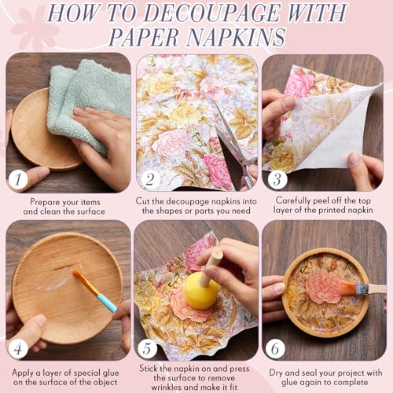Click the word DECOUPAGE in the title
click(x=211, y=13)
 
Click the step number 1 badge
click(x=18, y=179)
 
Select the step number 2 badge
click(x=149, y=179)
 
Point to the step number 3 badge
click(x=277, y=179)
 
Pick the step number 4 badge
click(x=18, y=348)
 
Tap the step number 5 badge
click(x=147, y=348)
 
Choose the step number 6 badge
click(x=275, y=348)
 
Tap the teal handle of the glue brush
click(x=107, y=303)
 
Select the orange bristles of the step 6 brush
click(x=347, y=288)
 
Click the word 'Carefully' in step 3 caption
click(x=293, y=200)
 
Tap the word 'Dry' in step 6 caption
click(x=276, y=373)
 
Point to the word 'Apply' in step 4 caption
click(x=23, y=373)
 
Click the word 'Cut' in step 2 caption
click(x=142, y=201)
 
